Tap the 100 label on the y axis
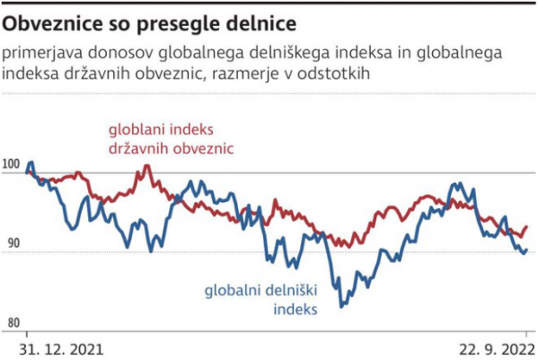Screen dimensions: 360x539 [x=13, y=164]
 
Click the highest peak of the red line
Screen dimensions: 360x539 [x=142, y=166]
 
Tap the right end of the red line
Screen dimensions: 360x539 [x=526, y=227]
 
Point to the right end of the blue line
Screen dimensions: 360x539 [x=526, y=250]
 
